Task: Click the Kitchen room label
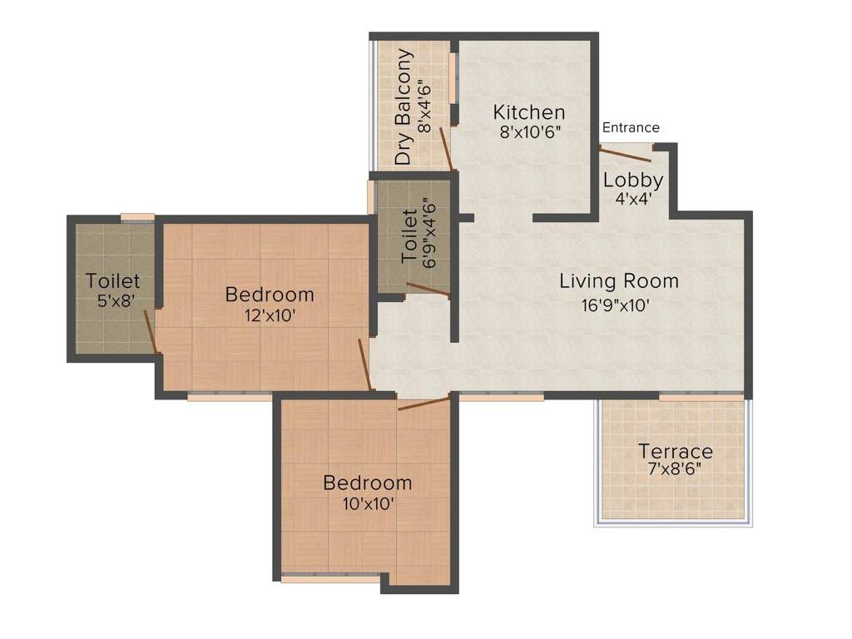pyautogui.click(x=529, y=112)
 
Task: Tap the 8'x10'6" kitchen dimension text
pyautogui.click(x=529, y=132)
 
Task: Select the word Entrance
pyautogui.click(x=631, y=127)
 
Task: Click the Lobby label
pyautogui.click(x=633, y=180)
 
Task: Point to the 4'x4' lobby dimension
pyautogui.click(x=633, y=199)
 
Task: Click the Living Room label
pyautogui.click(x=619, y=281)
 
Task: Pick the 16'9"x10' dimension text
pyautogui.click(x=615, y=305)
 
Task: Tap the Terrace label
pyautogui.click(x=676, y=451)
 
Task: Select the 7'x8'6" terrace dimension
pyautogui.click(x=676, y=468)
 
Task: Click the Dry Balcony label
pyautogui.click(x=404, y=106)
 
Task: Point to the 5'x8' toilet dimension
pyautogui.click(x=114, y=301)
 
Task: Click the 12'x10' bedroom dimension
pyautogui.click(x=270, y=315)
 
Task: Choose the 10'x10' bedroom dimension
pyautogui.click(x=367, y=503)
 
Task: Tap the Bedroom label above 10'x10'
pyautogui.click(x=368, y=483)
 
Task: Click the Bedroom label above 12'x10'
pyautogui.click(x=270, y=294)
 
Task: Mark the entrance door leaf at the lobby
pyautogui.click(x=627, y=151)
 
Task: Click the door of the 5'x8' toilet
pyautogui.click(x=151, y=332)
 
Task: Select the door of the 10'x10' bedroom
pyautogui.click(x=424, y=404)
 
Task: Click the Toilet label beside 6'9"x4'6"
pyautogui.click(x=410, y=237)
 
